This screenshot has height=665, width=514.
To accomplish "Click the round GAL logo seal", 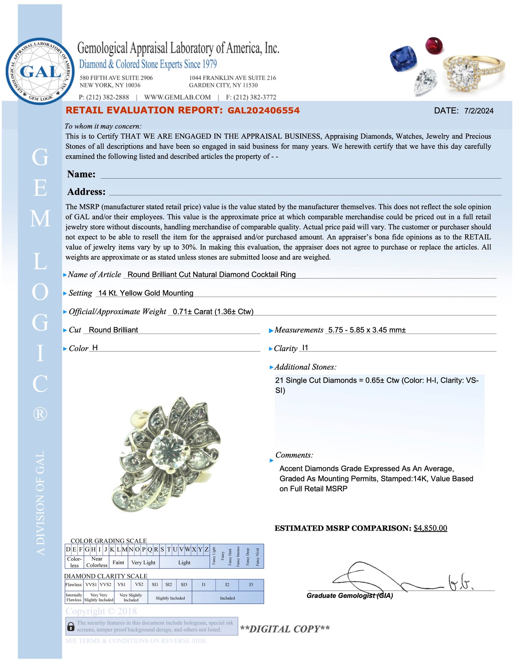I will [x=40, y=71].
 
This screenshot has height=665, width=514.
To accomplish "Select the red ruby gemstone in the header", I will [x=434, y=46].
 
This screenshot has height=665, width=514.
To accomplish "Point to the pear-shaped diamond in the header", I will [x=425, y=81].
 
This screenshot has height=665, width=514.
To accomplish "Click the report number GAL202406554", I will [x=264, y=110].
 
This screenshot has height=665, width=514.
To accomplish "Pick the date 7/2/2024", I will [x=479, y=111].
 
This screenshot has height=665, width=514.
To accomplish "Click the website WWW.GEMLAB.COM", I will [x=177, y=97].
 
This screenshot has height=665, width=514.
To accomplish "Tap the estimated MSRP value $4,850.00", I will [x=430, y=528].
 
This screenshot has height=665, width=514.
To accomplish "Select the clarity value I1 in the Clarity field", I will [x=305, y=347].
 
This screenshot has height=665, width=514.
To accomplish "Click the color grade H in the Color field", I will [x=95, y=347].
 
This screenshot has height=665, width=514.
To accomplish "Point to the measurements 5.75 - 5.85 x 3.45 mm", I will [x=367, y=330].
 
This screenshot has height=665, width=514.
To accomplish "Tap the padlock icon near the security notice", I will [x=71, y=627].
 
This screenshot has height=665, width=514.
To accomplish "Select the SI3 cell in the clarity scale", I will [x=184, y=585].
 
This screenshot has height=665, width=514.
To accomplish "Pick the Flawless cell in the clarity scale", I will [x=74, y=585].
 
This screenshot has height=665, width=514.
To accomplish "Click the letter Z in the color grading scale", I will [x=206, y=549].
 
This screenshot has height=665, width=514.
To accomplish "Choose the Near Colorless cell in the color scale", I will [x=97, y=562].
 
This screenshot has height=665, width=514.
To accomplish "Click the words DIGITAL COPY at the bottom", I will [x=285, y=629].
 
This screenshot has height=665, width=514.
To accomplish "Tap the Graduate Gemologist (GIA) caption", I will [x=350, y=596].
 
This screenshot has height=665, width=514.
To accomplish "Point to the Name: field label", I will [x=81, y=174].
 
